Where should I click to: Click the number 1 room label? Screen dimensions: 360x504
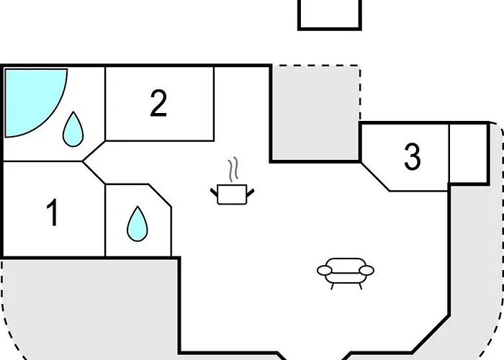(52, 214)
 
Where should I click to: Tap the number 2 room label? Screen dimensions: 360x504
(158, 104)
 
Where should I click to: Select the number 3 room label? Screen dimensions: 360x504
(412, 157)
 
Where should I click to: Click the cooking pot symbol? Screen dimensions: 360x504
(233, 194)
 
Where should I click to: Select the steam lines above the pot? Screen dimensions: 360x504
(232, 171)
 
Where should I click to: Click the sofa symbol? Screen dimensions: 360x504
(346, 271)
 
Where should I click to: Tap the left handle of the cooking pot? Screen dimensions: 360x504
(215, 191)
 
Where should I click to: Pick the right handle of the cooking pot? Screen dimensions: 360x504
(250, 191)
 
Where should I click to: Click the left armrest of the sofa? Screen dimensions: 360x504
(325, 271)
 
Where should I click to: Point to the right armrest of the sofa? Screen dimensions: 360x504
(366, 271)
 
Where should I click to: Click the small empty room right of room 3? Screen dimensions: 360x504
(468, 153)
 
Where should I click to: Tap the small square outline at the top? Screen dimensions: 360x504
(329, 13)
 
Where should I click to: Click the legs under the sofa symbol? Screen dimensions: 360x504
(346, 284)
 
